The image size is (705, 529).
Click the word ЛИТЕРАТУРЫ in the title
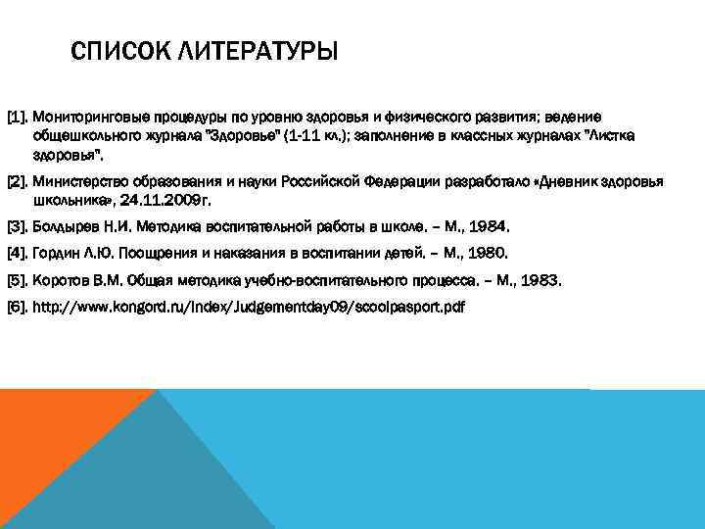(249, 50)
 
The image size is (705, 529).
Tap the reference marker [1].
(18, 117)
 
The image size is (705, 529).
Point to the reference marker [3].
(18, 226)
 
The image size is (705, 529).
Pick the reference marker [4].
(18, 253)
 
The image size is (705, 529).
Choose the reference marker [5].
(18, 280)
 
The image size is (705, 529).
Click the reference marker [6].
(18, 308)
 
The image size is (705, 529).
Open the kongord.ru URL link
(249, 308)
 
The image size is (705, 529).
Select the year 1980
(487, 253)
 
